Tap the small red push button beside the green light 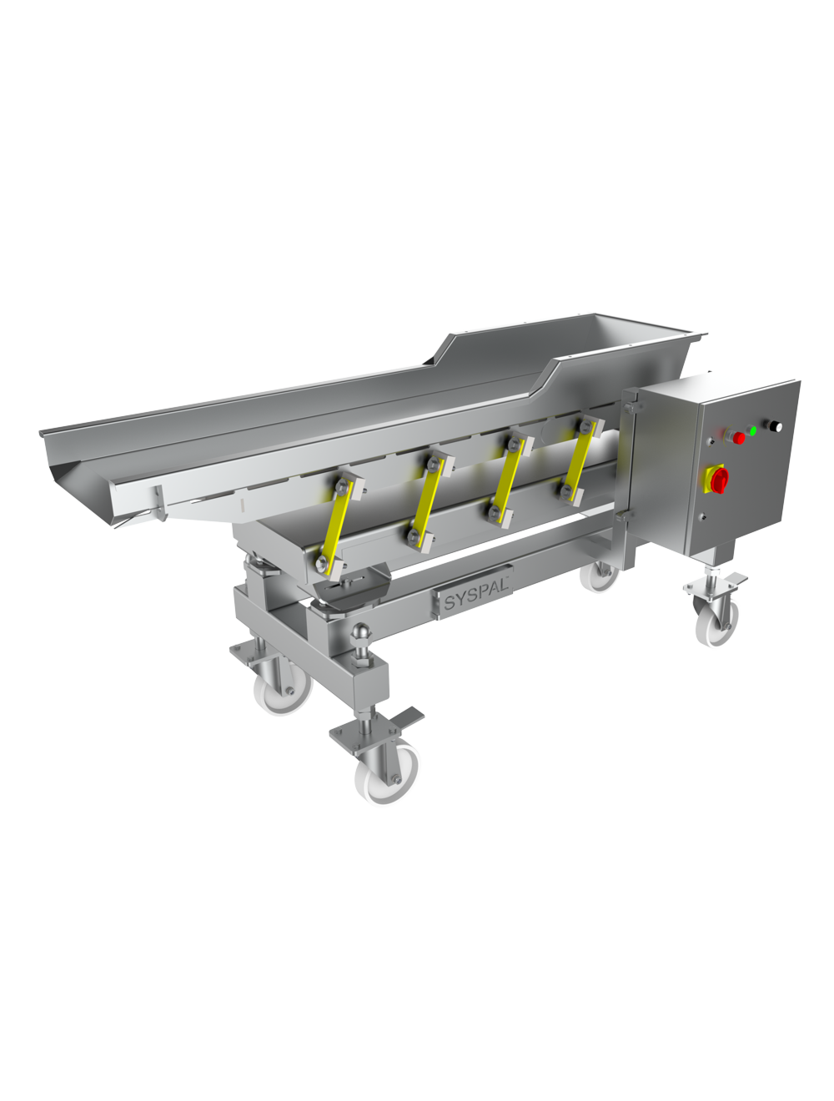[x=738, y=437]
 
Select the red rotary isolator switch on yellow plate [x=718, y=479]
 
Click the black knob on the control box [x=776, y=426]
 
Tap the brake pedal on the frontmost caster [x=411, y=720]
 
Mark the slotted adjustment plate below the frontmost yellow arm [x=350, y=581]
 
